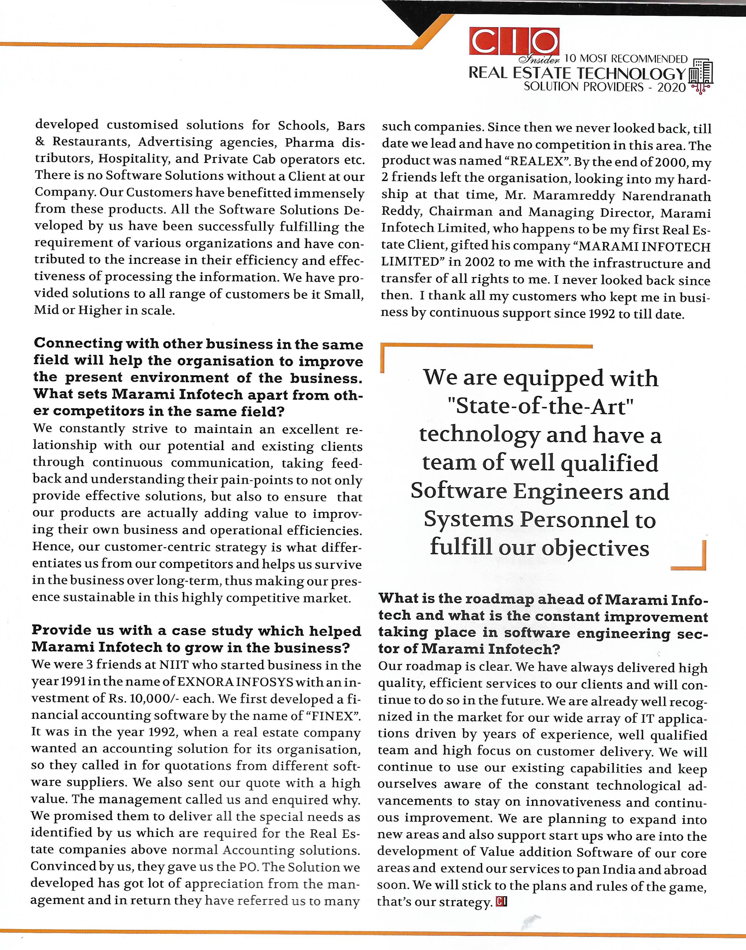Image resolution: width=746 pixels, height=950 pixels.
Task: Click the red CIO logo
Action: coord(514,42)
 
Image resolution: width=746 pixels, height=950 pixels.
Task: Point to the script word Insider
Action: coord(540,59)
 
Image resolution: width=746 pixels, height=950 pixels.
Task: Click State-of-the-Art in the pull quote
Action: coord(540,406)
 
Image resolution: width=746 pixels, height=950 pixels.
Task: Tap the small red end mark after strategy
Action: coord(502,901)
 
